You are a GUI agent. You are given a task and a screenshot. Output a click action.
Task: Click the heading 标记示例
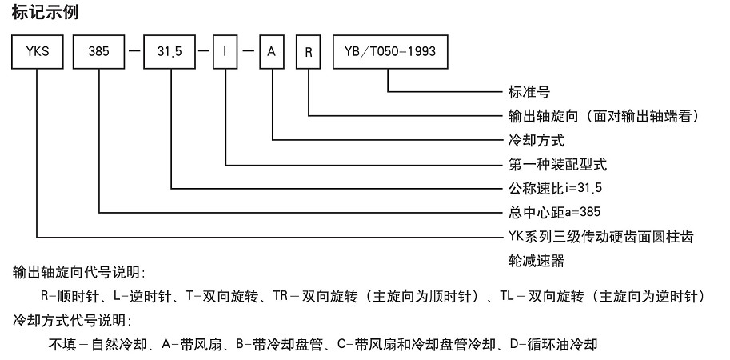[x=46, y=13]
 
